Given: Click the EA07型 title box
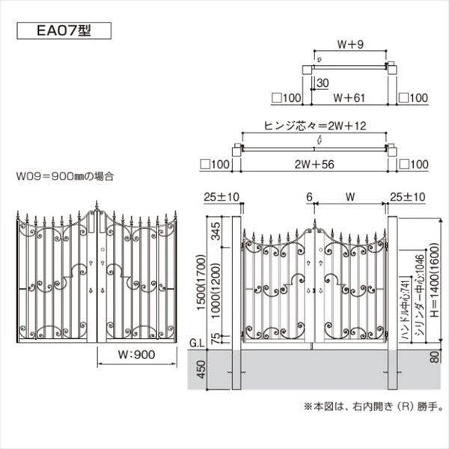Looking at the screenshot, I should [x=63, y=31].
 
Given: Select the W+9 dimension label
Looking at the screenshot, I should [x=349, y=43].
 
